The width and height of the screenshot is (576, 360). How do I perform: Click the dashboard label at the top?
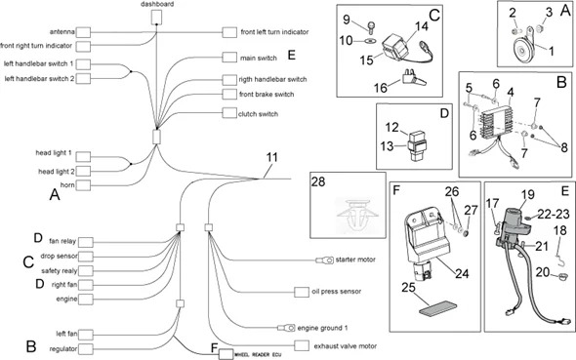(x=158, y=5)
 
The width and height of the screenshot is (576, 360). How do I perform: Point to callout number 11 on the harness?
(x=272, y=157)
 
